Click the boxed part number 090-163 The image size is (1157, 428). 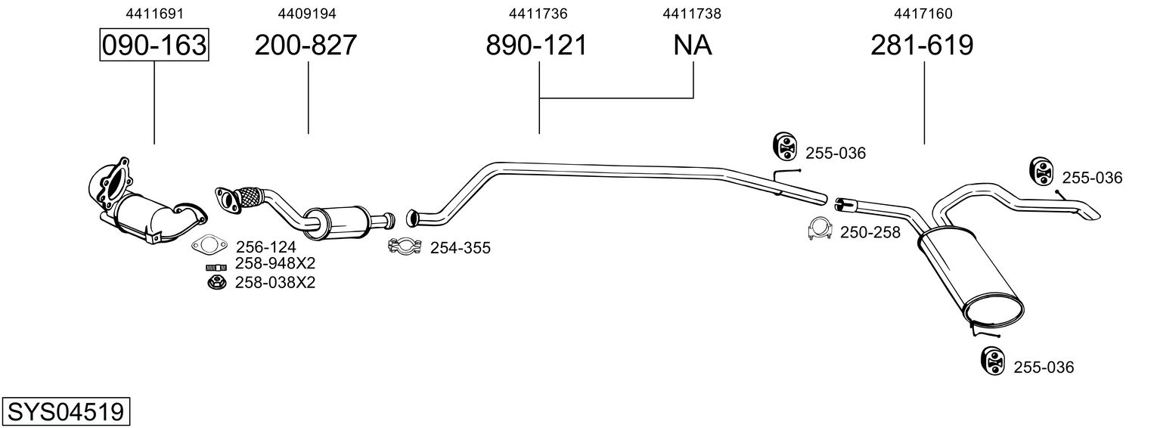[154, 45]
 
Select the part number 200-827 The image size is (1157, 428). [306, 45]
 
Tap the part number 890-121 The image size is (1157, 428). [537, 45]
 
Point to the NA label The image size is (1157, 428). [693, 45]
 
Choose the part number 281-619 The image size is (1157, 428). [922, 45]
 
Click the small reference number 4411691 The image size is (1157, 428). [154, 14]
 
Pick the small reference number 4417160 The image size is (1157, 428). [923, 14]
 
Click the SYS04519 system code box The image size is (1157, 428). [66, 411]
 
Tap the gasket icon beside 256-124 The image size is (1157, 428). [209, 245]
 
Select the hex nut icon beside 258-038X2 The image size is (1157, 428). [217, 282]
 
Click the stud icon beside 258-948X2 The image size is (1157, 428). [216, 268]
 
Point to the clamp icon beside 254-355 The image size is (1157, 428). [405, 246]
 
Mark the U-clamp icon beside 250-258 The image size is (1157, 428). [820, 228]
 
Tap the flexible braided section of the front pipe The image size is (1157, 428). [250, 197]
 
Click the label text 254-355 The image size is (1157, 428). [461, 248]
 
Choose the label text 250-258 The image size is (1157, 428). [870, 232]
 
